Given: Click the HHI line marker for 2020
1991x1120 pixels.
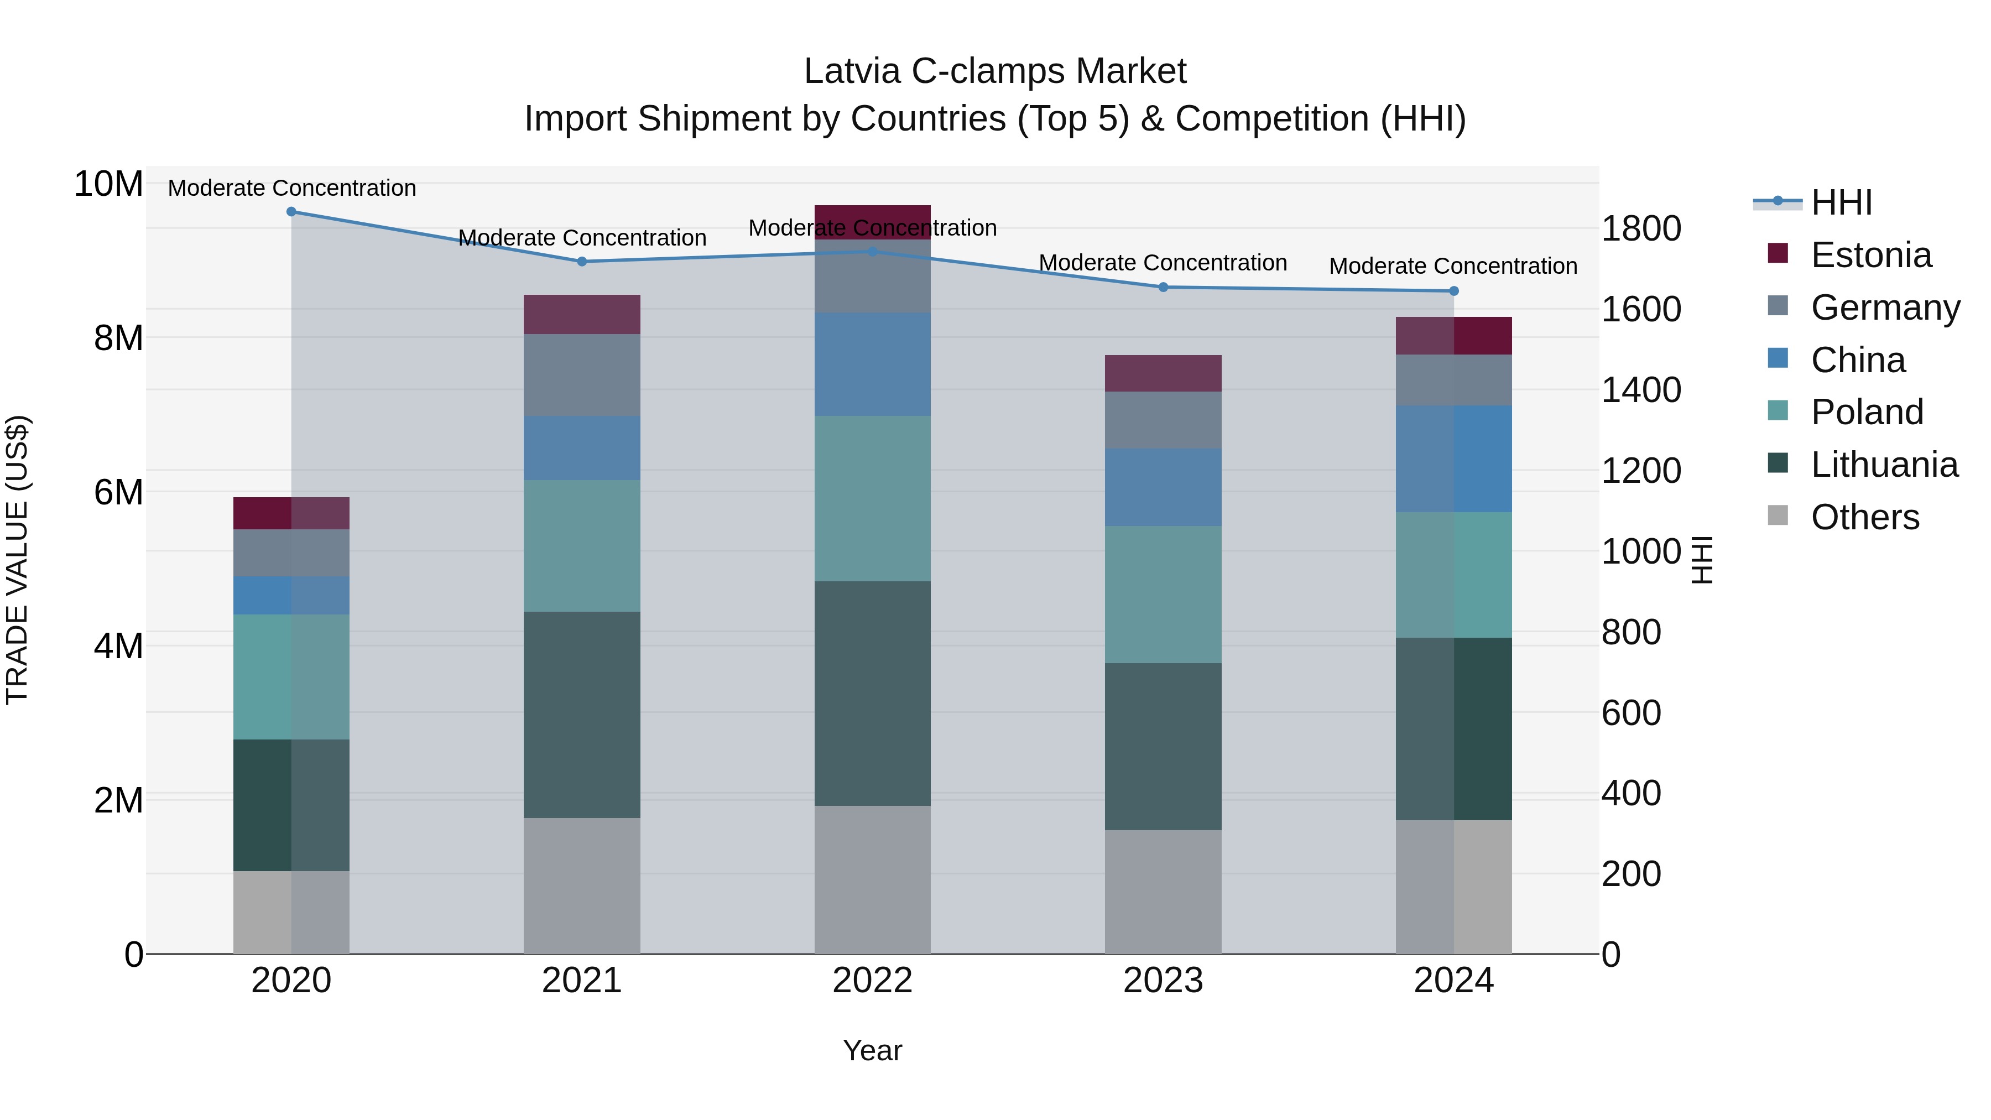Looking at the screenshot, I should [291, 212].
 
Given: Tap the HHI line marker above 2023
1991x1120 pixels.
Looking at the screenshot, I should [1163, 288].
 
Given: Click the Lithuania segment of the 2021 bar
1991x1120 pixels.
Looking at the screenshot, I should [582, 715].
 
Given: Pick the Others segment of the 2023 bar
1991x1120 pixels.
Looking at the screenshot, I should [1163, 892].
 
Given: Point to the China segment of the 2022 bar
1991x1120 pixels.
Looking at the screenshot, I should [873, 364].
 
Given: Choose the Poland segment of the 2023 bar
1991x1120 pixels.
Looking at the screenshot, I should [1163, 595].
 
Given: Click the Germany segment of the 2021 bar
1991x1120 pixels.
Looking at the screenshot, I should [582, 375].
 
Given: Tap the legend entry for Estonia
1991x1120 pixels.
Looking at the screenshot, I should [1870, 255].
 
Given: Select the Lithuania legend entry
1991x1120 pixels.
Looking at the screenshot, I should [1884, 465].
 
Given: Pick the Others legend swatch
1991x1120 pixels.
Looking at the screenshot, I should [1778, 515].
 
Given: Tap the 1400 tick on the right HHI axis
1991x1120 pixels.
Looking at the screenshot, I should [1641, 389].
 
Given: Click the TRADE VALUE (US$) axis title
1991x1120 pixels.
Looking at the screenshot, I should [17, 560].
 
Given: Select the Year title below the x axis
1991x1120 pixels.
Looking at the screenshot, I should [873, 1050].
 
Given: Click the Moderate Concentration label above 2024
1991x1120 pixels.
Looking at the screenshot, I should [1453, 266].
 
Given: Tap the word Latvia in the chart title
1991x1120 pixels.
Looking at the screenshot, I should [852, 71].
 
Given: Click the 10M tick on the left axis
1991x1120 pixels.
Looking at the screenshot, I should [108, 185].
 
